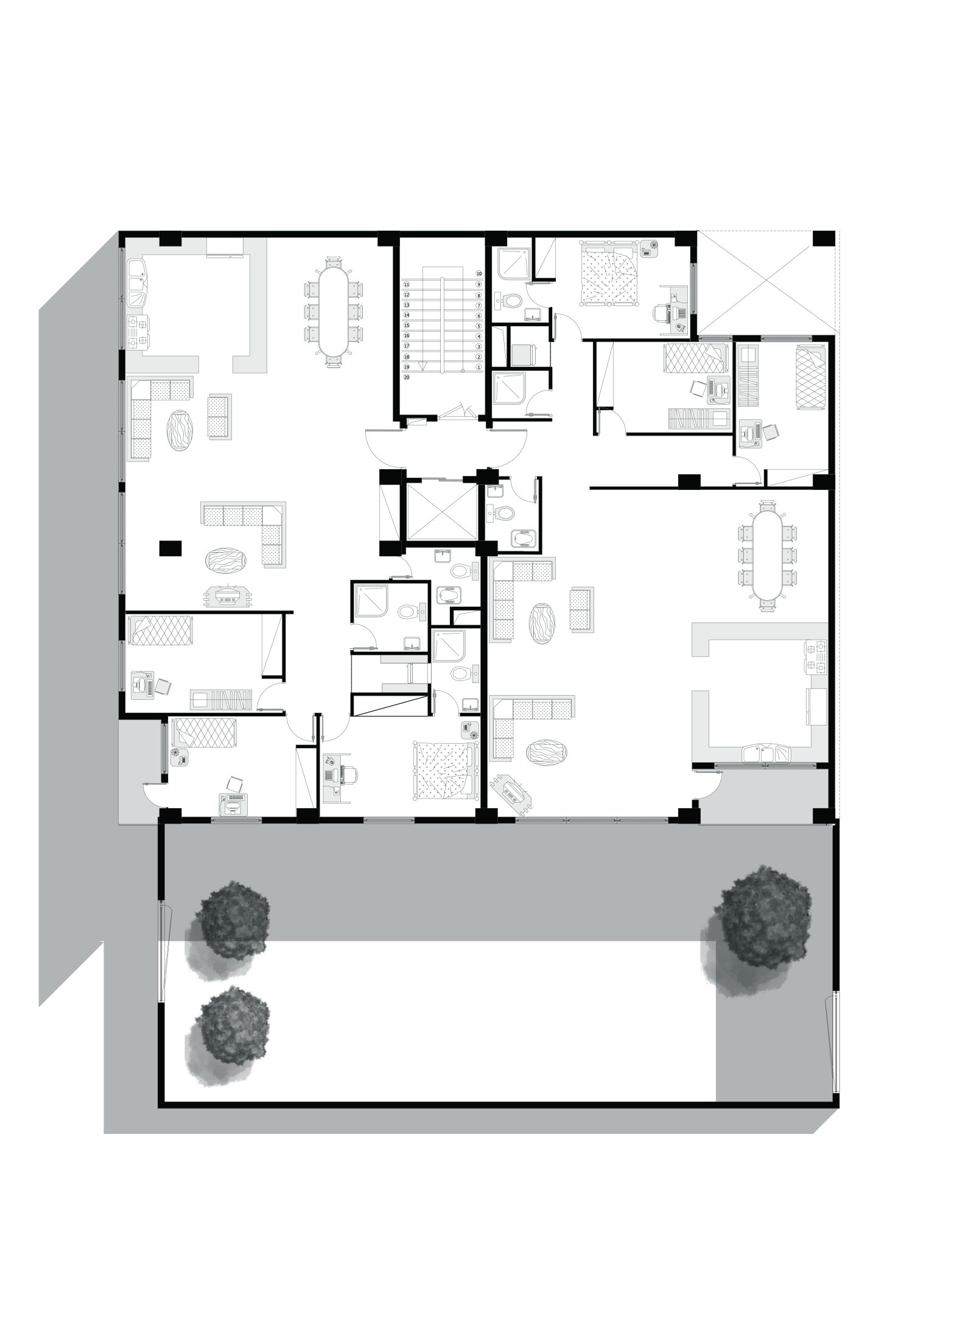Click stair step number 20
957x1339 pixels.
tap(407, 377)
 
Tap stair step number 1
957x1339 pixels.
tap(479, 367)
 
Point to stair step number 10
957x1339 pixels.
tap(479, 274)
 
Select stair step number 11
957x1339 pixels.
tap(407, 284)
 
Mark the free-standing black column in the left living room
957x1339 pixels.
tap(171, 548)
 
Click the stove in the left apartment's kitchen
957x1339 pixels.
tap(138, 332)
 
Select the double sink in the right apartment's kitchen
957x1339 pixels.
tap(766, 753)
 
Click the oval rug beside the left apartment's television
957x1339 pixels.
tap(226, 560)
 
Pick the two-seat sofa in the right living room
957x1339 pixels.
tap(580, 610)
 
